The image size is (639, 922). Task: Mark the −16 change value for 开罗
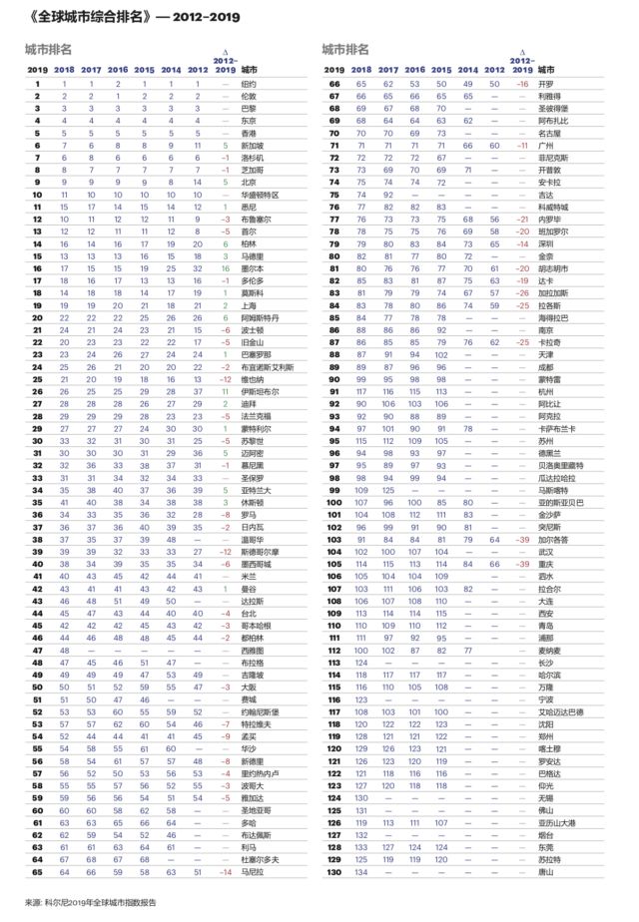pos(519,84)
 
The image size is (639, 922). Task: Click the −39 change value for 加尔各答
pos(519,539)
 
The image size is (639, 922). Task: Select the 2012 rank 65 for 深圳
pos(492,243)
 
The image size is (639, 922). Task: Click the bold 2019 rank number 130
pos(334,871)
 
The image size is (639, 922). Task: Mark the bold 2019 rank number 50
pos(37,687)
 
